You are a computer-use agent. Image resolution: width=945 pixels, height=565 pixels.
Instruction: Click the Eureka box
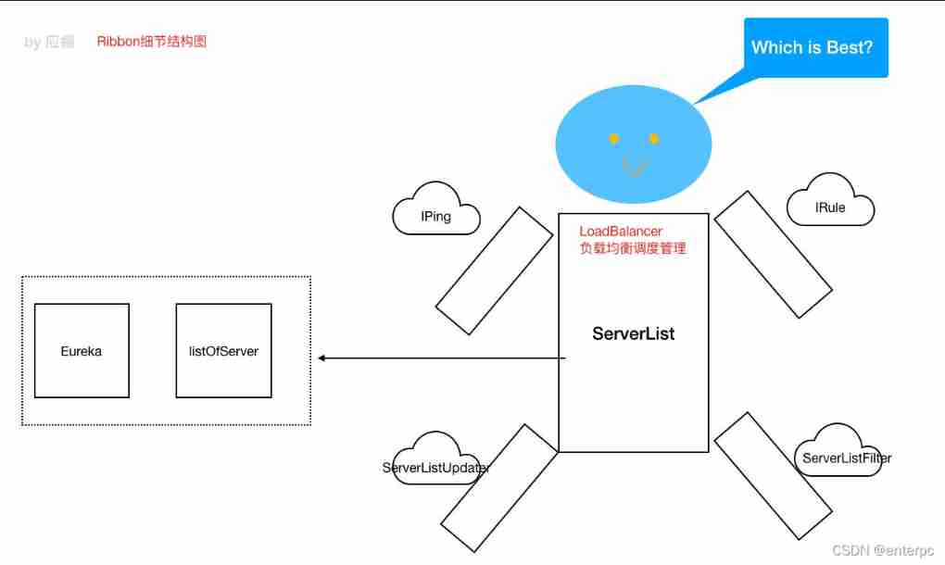click(82, 351)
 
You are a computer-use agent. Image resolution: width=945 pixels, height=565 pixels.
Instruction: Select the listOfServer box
click(223, 351)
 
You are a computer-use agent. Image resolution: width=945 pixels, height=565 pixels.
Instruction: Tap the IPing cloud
click(436, 216)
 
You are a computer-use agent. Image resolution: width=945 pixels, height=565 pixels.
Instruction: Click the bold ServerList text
click(634, 333)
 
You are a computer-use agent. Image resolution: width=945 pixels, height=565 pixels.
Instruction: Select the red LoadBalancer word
click(621, 231)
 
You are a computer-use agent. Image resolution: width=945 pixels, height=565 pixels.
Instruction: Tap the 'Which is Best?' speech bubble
click(812, 47)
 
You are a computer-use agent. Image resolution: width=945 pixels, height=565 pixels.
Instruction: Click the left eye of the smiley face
click(613, 139)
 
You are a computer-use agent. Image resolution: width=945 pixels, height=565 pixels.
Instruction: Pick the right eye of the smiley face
click(653, 139)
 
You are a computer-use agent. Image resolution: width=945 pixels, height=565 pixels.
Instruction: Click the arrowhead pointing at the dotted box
click(322, 358)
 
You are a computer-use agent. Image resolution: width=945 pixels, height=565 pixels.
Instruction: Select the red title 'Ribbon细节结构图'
click(151, 42)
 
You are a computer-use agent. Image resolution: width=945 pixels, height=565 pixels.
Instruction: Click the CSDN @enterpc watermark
click(881, 550)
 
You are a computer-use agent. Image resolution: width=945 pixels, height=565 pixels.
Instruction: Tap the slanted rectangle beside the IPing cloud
click(495, 270)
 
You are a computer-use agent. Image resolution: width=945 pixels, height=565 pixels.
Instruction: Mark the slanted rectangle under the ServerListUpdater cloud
click(499, 488)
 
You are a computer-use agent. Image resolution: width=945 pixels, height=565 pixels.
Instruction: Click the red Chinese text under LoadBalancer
click(633, 248)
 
